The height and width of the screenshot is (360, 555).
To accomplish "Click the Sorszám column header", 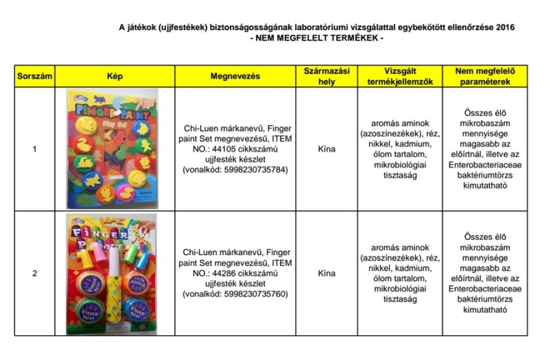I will pyautogui.click(x=34, y=77).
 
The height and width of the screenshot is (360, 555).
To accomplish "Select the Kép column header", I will pyautogui.click(x=115, y=77).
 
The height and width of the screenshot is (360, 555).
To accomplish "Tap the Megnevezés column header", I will pyautogui.click(x=235, y=77).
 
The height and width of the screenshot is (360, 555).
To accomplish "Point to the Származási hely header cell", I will pyautogui.click(x=326, y=77).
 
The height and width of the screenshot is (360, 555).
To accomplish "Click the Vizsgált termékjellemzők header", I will pyautogui.click(x=399, y=77).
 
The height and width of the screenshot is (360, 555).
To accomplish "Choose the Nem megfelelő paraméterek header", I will pyautogui.click(x=485, y=77).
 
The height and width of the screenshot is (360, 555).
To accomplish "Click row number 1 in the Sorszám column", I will pyautogui.click(x=34, y=149).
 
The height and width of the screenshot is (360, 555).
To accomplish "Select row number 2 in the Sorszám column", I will pyautogui.click(x=34, y=273).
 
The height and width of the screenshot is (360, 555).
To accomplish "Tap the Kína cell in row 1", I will pyautogui.click(x=326, y=149).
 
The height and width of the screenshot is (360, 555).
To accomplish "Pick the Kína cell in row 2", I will pyautogui.click(x=326, y=273).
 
